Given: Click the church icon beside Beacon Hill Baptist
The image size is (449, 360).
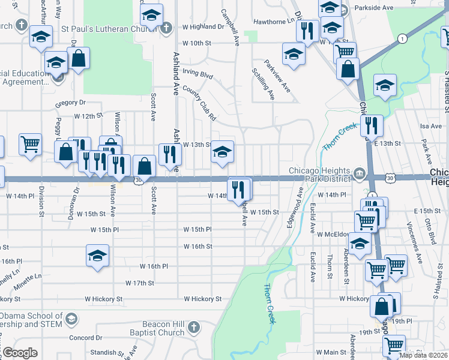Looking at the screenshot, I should pyautogui.click(x=193, y=328).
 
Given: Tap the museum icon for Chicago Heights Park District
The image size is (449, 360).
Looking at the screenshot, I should pyautogui.click(x=359, y=175).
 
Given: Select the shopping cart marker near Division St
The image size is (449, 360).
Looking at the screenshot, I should pyautogui.click(x=30, y=145).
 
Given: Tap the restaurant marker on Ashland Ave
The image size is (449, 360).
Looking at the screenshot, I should pyautogui.click(x=170, y=154).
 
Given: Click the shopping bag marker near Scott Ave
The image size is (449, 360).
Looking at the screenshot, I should pyautogui.click(x=144, y=166).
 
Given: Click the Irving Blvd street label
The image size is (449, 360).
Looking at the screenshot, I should pyautogui.click(x=198, y=76).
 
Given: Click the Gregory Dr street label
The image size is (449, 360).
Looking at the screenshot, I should pyautogui.click(x=71, y=103).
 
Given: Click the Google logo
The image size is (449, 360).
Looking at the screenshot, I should pyautogui.click(x=20, y=353).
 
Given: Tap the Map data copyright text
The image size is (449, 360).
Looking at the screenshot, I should pyautogui.click(x=423, y=355).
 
